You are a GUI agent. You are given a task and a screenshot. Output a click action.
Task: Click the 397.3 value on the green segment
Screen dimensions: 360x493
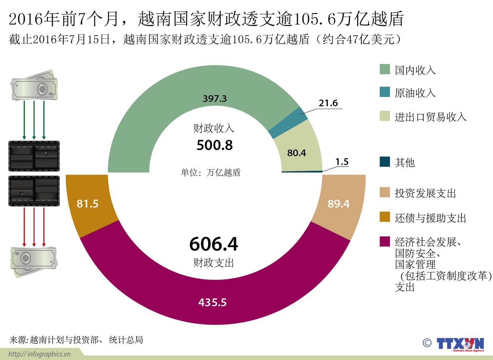point(215,99)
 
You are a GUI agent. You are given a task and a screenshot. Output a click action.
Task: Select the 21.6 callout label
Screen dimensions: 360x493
point(328,103)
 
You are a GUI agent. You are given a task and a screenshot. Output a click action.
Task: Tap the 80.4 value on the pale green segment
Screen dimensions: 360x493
point(297,153)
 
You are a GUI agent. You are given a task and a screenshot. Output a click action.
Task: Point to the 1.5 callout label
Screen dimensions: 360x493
point(342,162)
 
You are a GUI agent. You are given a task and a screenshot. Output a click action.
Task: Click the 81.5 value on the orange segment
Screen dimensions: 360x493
point(88,204)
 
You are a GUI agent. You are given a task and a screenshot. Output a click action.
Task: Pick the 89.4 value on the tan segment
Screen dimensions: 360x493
point(338,204)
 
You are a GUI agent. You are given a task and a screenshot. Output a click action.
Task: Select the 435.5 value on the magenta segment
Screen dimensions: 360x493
point(212,302)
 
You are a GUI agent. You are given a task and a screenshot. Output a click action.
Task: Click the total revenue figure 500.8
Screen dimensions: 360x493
point(215,145)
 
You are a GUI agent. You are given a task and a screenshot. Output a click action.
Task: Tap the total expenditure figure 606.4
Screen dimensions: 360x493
point(214,244)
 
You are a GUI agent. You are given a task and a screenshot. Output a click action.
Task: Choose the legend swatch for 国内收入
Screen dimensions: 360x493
point(385,69)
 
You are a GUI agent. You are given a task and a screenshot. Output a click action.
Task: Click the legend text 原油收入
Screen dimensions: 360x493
point(415,93)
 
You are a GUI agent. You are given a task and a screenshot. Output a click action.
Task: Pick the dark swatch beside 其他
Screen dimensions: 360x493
point(385,162)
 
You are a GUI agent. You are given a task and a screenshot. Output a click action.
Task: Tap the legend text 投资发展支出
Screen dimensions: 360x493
point(425,193)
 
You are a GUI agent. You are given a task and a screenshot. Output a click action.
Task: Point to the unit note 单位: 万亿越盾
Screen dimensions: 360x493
point(210,173)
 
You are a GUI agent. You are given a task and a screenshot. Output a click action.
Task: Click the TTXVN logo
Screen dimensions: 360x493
point(460,344)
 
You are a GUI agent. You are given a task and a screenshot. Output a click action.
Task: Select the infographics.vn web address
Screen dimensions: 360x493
point(39,354)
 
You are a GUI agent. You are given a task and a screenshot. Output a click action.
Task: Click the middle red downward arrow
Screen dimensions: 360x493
point(34,227)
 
